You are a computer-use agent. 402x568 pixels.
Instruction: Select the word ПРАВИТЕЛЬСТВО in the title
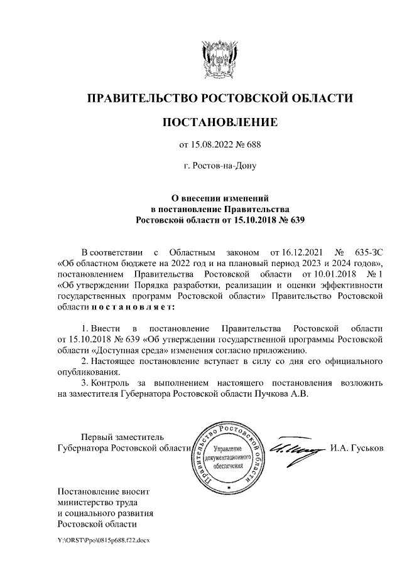pyautogui.click(x=140, y=98)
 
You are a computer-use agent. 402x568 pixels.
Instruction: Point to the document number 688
pyautogui.click(x=251, y=145)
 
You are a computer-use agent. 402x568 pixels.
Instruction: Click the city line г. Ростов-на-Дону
pyautogui.click(x=219, y=167)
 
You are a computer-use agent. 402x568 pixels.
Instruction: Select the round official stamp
pyautogui.click(x=227, y=456)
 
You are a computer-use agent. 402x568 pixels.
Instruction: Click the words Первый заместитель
pyautogui.click(x=123, y=437)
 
